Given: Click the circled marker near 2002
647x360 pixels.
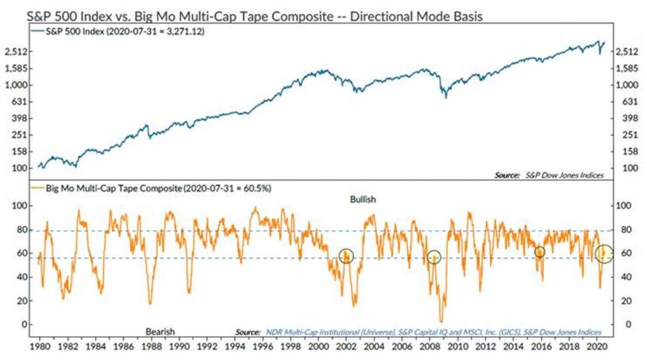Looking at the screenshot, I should pyautogui.click(x=346, y=256).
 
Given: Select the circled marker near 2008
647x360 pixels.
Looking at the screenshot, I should pyautogui.click(x=434, y=257).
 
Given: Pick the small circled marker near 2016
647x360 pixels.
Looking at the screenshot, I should pyautogui.click(x=540, y=252).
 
